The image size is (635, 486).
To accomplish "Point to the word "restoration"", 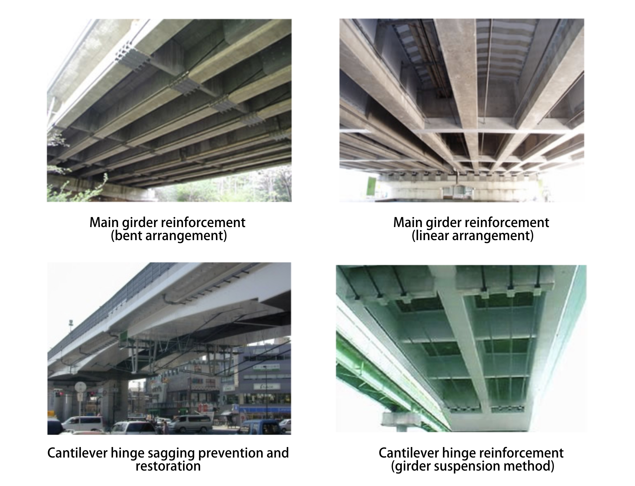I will click(x=168, y=466).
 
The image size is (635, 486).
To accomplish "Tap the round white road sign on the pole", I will click(x=80, y=387).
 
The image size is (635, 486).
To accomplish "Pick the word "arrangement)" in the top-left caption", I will click(x=186, y=236).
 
